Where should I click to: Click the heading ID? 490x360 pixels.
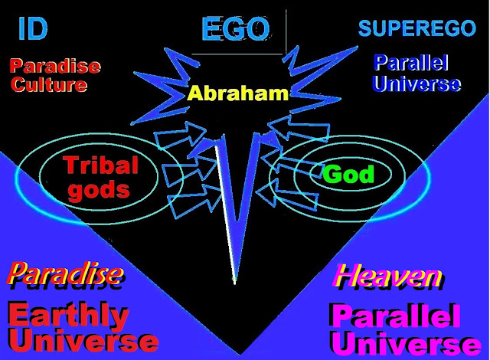(33, 28)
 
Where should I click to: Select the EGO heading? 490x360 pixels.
(236, 29)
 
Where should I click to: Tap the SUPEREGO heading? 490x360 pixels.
(416, 28)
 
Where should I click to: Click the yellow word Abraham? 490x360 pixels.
(237, 93)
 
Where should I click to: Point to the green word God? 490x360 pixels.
(348, 174)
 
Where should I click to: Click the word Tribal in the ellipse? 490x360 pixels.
(100, 165)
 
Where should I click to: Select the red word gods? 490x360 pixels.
(99, 190)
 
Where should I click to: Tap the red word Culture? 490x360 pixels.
(49, 85)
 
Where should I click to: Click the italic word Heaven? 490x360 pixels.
(388, 276)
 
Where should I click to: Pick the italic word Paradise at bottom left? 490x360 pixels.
(65, 273)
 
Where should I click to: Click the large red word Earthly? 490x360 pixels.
(69, 316)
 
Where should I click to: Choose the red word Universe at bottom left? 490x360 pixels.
(83, 341)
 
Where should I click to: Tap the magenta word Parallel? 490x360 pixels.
(395, 316)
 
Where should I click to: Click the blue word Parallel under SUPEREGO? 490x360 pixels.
(411, 63)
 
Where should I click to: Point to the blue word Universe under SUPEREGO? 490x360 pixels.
(416, 83)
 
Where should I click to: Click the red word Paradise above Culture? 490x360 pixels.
(55, 66)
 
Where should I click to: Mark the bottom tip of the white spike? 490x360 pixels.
(235, 283)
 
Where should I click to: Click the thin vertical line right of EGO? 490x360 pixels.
(286, 31)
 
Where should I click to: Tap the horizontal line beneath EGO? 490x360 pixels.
(237, 54)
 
